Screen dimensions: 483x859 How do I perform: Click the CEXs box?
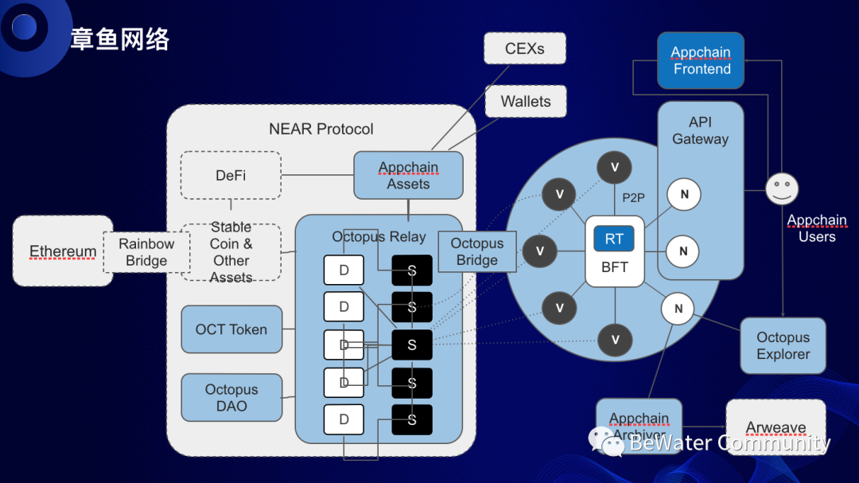(525, 49)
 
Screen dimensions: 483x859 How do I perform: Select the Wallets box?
(525, 101)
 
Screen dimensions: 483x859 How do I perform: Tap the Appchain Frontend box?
(701, 60)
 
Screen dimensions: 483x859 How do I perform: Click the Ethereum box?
(63, 251)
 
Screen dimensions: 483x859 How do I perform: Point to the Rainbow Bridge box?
(146, 252)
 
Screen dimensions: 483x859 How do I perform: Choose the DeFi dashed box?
(231, 175)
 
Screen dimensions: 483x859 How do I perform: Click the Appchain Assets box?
(408, 175)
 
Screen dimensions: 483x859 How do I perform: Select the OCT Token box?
(231, 329)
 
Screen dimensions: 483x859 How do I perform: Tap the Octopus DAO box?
(231, 397)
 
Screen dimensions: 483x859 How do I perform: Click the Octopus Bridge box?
(477, 251)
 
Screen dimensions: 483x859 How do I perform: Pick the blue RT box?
(614, 239)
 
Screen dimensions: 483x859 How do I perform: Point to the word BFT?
(614, 267)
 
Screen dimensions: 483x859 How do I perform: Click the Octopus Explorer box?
(783, 346)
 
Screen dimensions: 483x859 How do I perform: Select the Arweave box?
(775, 427)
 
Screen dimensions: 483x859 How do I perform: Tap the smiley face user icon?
(782, 189)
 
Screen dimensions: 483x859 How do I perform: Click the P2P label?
(633, 198)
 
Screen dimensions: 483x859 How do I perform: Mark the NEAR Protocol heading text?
(321, 129)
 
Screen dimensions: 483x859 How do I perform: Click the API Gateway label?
(700, 130)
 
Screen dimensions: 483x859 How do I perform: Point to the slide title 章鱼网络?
(120, 39)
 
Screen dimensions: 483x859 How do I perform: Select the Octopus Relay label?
(379, 236)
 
